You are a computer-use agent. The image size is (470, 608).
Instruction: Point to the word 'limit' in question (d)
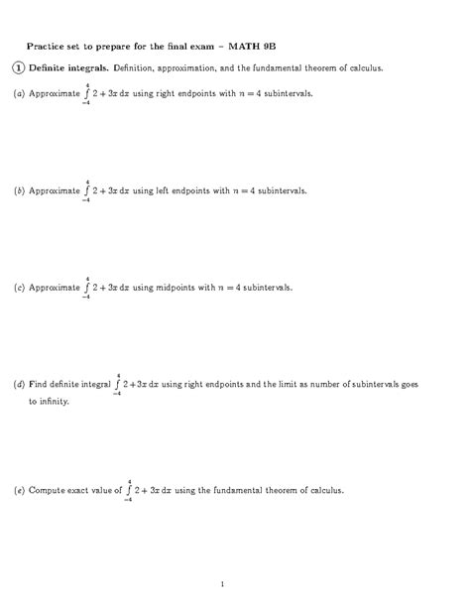pos(322,384)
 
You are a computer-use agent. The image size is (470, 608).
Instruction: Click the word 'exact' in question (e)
pos(84,490)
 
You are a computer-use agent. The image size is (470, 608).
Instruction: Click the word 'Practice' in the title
pos(46,46)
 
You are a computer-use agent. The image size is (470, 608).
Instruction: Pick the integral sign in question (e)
pos(129,490)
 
